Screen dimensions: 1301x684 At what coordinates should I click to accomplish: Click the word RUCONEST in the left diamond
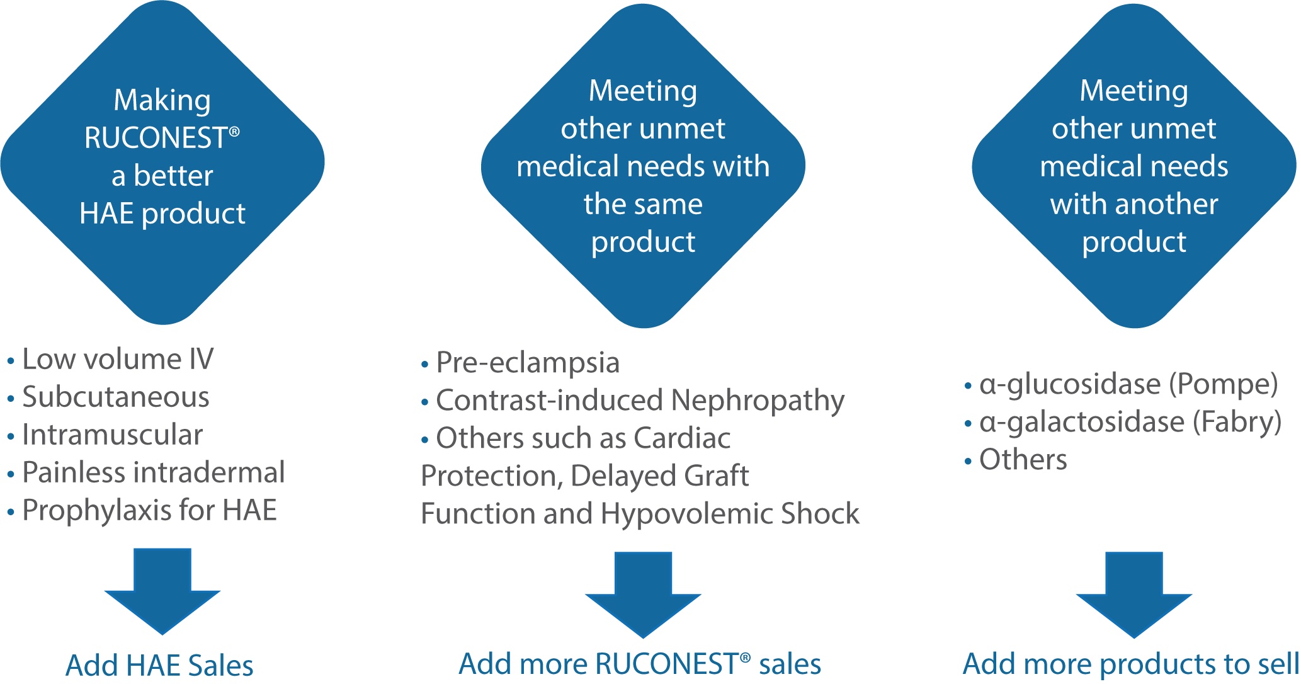[x=156, y=138]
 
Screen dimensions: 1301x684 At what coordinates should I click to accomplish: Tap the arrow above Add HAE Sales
[x=162, y=591]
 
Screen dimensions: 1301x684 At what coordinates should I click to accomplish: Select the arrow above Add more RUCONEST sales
[x=643, y=595]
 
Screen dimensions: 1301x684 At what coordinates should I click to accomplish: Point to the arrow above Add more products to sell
[x=1134, y=595]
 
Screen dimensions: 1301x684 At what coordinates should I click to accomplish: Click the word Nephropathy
[x=758, y=401]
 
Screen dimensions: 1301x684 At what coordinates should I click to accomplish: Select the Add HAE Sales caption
[x=159, y=666]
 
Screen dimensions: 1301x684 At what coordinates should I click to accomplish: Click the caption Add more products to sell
[x=1131, y=664]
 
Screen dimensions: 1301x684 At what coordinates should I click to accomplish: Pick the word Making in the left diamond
[x=162, y=101]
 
